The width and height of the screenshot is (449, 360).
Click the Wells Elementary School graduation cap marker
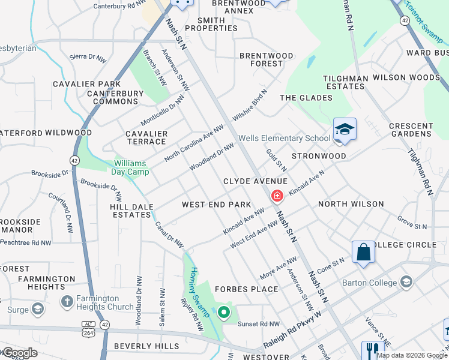(345, 130)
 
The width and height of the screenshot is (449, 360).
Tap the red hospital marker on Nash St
(277, 195)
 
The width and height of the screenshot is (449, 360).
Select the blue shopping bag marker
(364, 253)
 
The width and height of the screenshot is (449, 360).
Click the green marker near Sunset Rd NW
(224, 312)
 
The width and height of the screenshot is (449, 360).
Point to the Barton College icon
(407, 282)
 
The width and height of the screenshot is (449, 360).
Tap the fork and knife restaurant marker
(373, 350)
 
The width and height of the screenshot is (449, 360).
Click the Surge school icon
(38, 309)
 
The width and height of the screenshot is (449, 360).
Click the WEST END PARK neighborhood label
(216, 205)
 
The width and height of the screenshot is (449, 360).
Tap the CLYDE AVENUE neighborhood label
(255, 181)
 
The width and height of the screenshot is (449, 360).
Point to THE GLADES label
(306, 98)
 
